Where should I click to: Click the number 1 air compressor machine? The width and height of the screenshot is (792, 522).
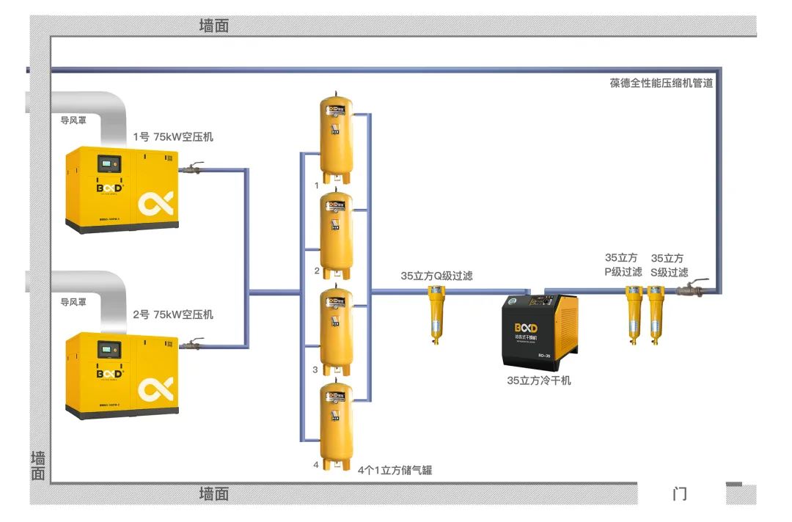tap(122, 189)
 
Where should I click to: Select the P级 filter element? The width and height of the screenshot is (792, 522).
tap(634, 314)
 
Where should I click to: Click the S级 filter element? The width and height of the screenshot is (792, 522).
tap(656, 314)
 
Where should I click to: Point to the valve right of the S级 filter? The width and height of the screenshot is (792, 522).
tap(692, 289)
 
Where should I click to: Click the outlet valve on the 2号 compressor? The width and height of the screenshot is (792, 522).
tap(193, 344)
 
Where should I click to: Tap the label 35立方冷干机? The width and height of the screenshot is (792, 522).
tap(539, 381)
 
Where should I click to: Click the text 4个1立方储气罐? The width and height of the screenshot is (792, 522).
tap(395, 470)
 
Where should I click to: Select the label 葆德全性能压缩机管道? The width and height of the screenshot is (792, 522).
tap(661, 83)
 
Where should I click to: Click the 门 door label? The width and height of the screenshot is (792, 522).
tap(680, 493)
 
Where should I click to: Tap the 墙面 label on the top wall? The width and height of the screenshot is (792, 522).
tap(214, 26)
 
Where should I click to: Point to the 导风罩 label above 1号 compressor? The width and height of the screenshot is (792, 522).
tap(73, 120)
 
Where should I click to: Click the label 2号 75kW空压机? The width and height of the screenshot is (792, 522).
tap(173, 315)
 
